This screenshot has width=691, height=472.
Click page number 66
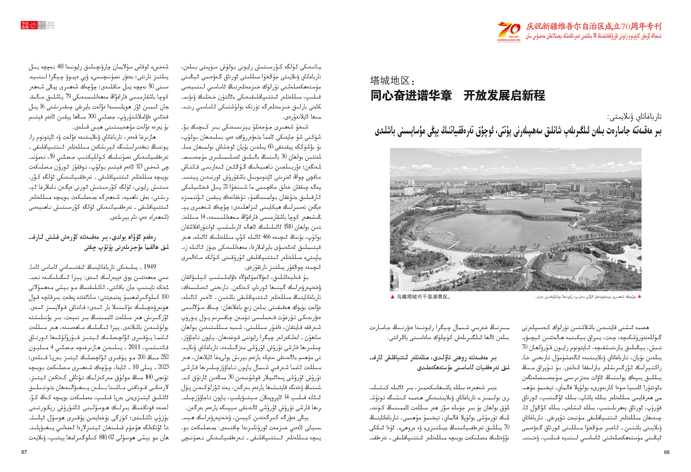pyautogui.click(x=667, y=452)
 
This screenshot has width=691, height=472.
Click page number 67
pyautogui.click(x=24, y=452)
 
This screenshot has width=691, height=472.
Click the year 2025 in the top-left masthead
pyautogui.click(x=51, y=23)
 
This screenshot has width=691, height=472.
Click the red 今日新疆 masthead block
pyautogui.click(x=25, y=25)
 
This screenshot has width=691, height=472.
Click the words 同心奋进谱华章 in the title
pyautogui.click(x=411, y=96)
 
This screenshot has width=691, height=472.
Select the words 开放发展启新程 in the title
pyautogui.click(x=504, y=96)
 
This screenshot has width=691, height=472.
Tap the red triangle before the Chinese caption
pyautogui.click(x=392, y=297)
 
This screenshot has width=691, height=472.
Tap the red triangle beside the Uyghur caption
pyautogui.click(x=640, y=297)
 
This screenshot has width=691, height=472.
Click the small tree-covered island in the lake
pyautogui.click(x=583, y=209)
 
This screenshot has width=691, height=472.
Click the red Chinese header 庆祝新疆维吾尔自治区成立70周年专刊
pyautogui.click(x=594, y=26)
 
